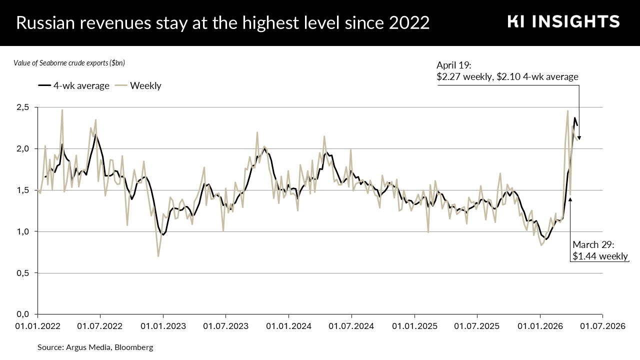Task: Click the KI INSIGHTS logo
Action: point(563,21)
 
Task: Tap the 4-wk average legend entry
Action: point(73,85)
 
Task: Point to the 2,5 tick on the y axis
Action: point(23,107)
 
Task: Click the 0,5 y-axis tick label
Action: point(23,273)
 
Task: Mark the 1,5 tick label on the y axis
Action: point(23,190)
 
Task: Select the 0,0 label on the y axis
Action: point(23,314)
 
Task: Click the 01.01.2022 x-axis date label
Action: point(38,326)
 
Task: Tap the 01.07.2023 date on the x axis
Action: point(226,326)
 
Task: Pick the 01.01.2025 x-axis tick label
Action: point(414,326)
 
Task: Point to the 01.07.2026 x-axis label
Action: point(602,326)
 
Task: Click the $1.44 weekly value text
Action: point(600,256)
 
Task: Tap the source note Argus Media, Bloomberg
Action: point(95,347)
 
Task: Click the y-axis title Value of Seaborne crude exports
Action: point(69,63)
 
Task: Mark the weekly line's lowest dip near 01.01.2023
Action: point(158,256)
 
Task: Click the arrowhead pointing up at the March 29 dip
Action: point(570,199)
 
